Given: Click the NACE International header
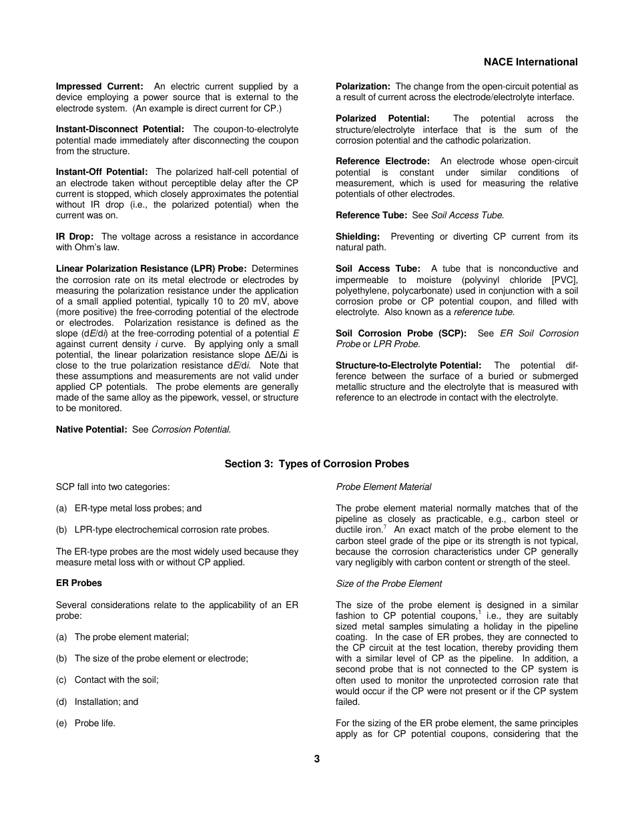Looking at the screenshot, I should click(x=531, y=62).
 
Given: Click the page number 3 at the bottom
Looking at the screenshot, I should click(x=317, y=759).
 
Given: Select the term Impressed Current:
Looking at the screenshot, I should click(x=99, y=86).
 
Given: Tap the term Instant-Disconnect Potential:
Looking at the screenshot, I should click(x=120, y=129).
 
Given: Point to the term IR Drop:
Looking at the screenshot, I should click(x=75, y=236).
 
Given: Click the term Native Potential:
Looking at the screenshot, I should click(x=91, y=430).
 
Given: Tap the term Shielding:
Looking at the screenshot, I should click(x=358, y=236).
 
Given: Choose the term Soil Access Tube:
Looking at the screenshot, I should click(x=378, y=268).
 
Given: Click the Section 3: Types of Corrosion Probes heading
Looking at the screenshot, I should click(x=316, y=464).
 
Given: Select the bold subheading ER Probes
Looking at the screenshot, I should click(x=79, y=583).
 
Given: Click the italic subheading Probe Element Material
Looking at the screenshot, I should click(x=383, y=487).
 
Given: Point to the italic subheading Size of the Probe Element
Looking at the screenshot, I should click(x=388, y=583).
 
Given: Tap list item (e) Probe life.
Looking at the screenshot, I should click(x=85, y=723).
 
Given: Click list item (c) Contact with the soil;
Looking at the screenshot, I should click(x=107, y=679).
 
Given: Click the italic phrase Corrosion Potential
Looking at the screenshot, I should click(x=191, y=430).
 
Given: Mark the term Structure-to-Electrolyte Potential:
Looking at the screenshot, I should click(x=408, y=365).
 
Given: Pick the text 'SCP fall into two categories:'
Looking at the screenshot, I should click(x=113, y=487).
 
